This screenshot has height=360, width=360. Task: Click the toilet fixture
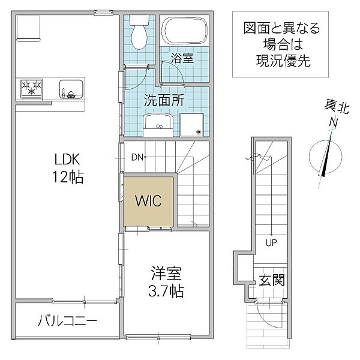(139, 32)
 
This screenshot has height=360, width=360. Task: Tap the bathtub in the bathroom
(184, 31)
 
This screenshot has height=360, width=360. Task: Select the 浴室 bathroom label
(182, 58)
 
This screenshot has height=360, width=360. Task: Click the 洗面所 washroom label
(164, 100)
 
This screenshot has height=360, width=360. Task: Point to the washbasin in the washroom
(158, 125)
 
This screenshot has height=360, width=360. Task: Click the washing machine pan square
(192, 125)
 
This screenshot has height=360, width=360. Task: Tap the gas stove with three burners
(31, 88)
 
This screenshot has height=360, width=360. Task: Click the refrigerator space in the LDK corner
(28, 28)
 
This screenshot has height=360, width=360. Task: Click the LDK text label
(67, 160)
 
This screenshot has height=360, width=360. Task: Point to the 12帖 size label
(67, 177)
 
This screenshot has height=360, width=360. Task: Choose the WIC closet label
(148, 200)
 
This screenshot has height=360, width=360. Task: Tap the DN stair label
(137, 157)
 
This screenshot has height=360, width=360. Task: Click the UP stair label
(271, 242)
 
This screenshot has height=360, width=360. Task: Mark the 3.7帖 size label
(166, 291)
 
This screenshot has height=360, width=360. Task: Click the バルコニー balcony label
(67, 321)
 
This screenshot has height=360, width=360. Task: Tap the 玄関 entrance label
(272, 280)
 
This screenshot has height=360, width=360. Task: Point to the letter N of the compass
(333, 122)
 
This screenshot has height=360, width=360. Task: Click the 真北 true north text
(337, 107)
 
